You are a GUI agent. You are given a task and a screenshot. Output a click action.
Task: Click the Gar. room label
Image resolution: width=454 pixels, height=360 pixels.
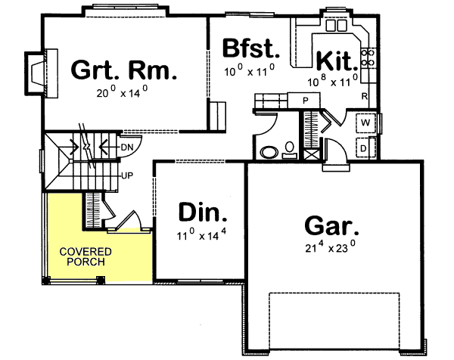coord(331,225)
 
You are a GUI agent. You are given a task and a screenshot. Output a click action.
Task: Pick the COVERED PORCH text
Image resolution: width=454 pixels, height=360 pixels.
coord(83,256)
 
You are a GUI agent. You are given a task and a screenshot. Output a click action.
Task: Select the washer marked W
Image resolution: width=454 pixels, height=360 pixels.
coord(365,122)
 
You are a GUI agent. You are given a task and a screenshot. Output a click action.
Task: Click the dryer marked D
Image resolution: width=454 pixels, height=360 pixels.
coord(364,149)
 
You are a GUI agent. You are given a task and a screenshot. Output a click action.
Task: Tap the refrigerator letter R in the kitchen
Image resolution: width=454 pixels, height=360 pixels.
coord(365,97)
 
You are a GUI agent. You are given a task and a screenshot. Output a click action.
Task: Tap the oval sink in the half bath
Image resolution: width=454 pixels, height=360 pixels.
coord(269,152)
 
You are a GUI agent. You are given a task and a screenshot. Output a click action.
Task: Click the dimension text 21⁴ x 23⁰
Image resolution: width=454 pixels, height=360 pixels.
coord(330,247)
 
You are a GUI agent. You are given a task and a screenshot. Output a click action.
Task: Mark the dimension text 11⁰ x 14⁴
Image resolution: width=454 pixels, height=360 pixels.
coord(201,236)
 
